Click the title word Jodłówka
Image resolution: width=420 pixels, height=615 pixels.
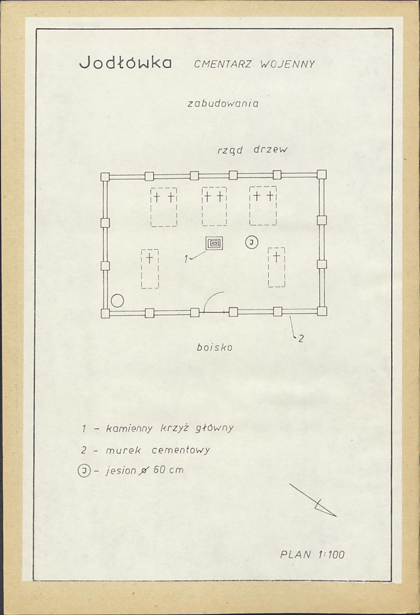click(125, 63)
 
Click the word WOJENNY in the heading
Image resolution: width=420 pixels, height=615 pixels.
click(288, 64)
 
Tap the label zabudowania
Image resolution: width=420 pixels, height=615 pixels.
click(223, 104)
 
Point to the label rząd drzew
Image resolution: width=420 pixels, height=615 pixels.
click(252, 150)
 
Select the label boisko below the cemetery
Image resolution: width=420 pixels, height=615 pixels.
click(214, 347)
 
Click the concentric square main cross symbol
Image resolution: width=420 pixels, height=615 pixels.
click(214, 243)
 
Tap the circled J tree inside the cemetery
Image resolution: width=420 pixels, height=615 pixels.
click(251, 243)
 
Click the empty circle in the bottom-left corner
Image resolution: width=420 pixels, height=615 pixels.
click(117, 301)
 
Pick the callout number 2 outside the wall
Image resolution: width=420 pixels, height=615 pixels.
click(301, 338)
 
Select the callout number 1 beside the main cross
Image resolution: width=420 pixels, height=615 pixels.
click(187, 258)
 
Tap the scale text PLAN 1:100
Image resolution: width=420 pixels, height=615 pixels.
click(312, 554)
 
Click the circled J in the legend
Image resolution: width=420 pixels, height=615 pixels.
click(84, 470)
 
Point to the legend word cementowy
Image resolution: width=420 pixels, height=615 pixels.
click(181, 450)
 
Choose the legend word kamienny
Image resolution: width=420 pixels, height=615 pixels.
click(129, 428)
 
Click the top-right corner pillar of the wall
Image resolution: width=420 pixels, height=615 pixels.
click(322, 174)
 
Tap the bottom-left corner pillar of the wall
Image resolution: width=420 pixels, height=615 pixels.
click(105, 313)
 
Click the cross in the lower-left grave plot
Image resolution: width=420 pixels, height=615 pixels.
click(149, 258)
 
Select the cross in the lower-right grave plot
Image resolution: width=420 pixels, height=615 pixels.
click(276, 257)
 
